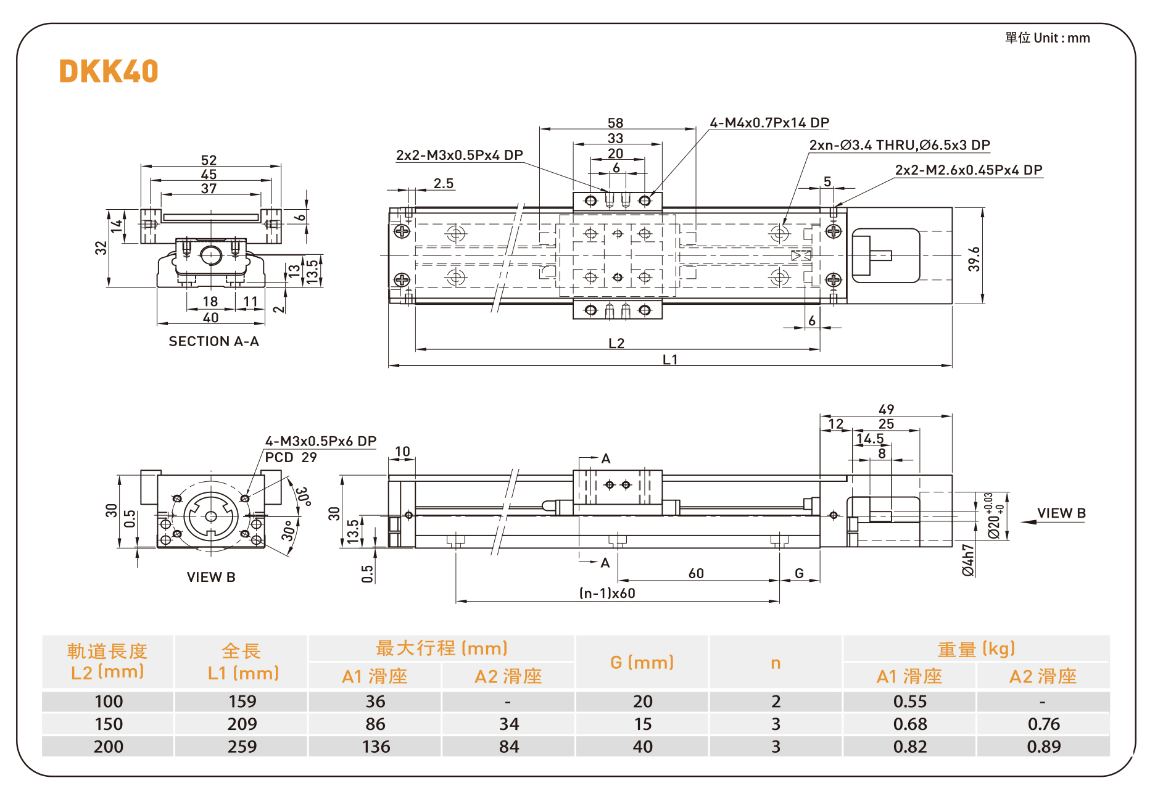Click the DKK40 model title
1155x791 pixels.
click(x=109, y=72)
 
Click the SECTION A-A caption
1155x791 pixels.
click(x=213, y=341)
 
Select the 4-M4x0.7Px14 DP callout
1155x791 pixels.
click(x=769, y=123)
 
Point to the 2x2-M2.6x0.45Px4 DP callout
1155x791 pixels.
click(x=968, y=170)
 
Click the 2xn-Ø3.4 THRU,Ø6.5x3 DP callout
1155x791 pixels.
click(x=899, y=145)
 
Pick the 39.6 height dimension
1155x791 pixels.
click(x=974, y=259)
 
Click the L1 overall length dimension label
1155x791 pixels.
click(x=670, y=359)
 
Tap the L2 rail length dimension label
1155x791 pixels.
click(x=616, y=343)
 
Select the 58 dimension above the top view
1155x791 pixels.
click(x=615, y=123)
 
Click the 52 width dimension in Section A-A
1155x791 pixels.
click(x=209, y=160)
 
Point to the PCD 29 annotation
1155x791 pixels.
click(x=291, y=457)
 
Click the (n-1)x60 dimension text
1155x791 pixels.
click(x=607, y=593)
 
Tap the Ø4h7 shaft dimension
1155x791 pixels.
click(x=969, y=560)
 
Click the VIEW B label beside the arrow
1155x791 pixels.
click(x=1061, y=513)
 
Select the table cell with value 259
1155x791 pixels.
click(x=242, y=747)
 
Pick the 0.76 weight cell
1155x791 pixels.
click(x=1043, y=724)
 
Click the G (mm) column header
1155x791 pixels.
click(x=642, y=663)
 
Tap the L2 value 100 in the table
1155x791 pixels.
click(x=109, y=702)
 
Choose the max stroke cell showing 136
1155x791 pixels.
click(x=376, y=747)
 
